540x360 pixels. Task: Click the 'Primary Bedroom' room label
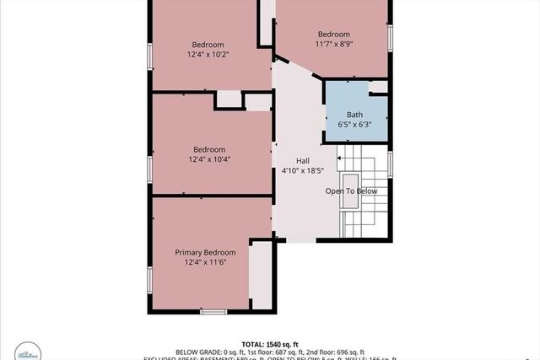pos(205,252)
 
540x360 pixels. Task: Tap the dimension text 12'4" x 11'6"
pos(205,262)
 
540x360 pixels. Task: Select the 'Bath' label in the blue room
pos(354,115)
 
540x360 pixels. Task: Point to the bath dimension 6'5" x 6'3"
pos(354,125)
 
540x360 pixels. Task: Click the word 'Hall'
pos(303,160)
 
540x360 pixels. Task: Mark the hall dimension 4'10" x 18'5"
pos(303,170)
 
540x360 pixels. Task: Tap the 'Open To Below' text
pos(351,191)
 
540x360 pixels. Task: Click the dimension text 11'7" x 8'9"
pos(332,44)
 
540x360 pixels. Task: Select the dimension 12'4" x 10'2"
pos(208,54)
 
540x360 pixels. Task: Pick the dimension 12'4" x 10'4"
pos(208,159)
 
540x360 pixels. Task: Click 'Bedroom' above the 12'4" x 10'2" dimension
pos(208,44)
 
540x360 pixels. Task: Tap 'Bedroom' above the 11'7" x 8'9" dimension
pos(332,34)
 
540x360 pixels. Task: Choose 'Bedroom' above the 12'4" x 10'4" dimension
pos(208,148)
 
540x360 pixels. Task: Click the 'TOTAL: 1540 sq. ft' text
pos(269,344)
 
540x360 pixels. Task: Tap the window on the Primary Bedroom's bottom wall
pos(213,312)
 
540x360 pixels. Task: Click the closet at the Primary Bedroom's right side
pos(262,275)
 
